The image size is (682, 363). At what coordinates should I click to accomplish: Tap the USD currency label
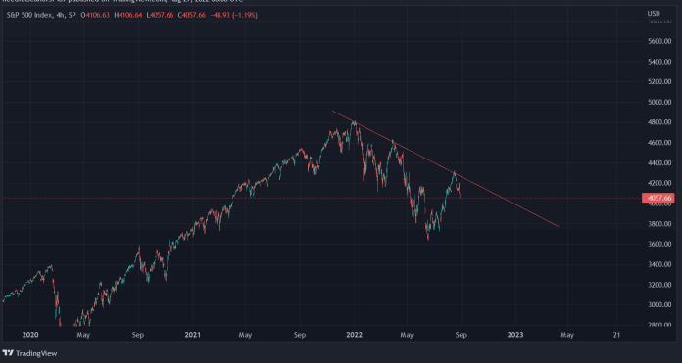[654, 13]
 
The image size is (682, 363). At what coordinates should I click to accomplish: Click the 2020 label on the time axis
[30, 334]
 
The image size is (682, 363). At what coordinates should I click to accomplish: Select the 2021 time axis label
[193, 334]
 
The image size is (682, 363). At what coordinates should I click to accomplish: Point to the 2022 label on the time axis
[355, 334]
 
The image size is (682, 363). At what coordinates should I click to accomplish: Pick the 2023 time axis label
[516, 334]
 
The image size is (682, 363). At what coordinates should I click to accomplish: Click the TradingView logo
[27, 353]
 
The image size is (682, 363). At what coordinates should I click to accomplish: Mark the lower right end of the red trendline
[560, 226]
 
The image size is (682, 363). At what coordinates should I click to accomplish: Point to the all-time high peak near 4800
[353, 120]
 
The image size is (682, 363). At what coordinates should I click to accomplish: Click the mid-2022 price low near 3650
[428, 239]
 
